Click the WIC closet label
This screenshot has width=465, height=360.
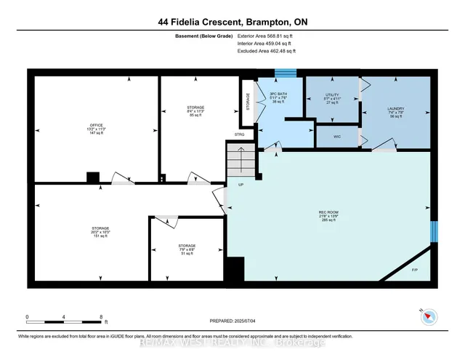tap(337, 136)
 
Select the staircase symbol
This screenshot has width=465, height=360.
tap(240, 159)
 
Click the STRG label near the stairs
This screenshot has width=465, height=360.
tap(239, 135)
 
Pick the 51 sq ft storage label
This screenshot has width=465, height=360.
tap(187, 249)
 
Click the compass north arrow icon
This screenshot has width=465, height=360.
tap(429, 316)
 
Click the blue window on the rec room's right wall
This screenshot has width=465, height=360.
tap(434, 232)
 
